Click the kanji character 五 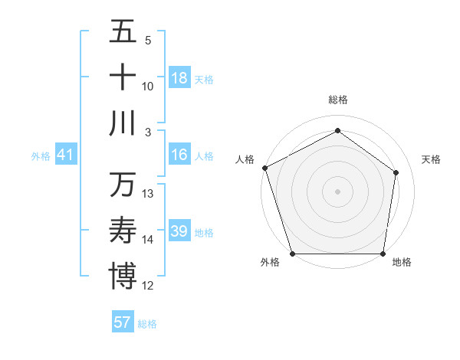[x=123, y=31]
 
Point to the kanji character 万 [x=123, y=185]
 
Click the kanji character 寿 [x=123, y=231]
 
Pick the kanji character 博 [x=123, y=277]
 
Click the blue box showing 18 [x=179, y=78]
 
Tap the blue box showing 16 [x=179, y=155]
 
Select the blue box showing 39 [x=179, y=231]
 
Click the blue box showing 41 [x=66, y=155]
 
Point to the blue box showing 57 [x=123, y=322]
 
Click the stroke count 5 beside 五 [x=148, y=41]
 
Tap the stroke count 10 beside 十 [x=148, y=87]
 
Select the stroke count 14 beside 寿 [x=148, y=240]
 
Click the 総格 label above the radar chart [x=337, y=100]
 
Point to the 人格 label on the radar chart [x=245, y=159]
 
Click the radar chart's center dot [x=337, y=191]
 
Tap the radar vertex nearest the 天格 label [x=396, y=172]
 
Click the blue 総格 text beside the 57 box [x=147, y=324]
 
